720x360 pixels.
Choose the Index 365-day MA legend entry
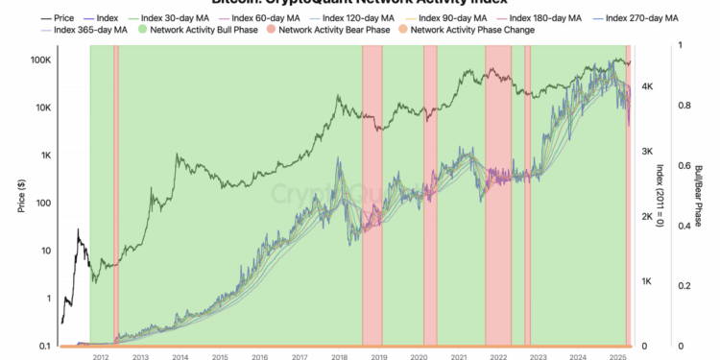point(92,30)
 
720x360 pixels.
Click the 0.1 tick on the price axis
point(44,346)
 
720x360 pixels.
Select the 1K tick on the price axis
point(43,156)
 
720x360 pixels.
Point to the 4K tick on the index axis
point(648,86)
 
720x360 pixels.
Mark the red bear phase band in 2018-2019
point(372,192)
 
